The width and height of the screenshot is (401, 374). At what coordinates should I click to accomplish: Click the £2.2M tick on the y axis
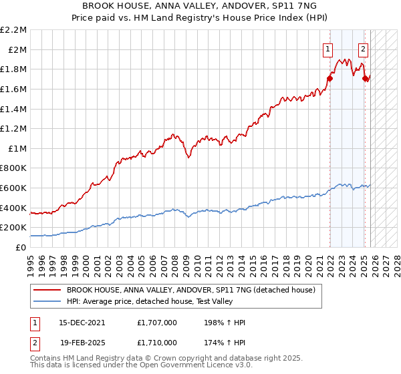[13, 30]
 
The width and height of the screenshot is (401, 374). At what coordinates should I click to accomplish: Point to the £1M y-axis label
[17, 148]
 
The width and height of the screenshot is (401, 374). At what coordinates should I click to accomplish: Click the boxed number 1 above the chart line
[329, 48]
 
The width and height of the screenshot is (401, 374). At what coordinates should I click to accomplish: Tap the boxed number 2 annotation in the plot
[363, 48]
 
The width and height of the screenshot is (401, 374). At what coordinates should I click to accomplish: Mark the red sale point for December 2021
[329, 78]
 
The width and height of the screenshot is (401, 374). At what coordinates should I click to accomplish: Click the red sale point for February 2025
[365, 78]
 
